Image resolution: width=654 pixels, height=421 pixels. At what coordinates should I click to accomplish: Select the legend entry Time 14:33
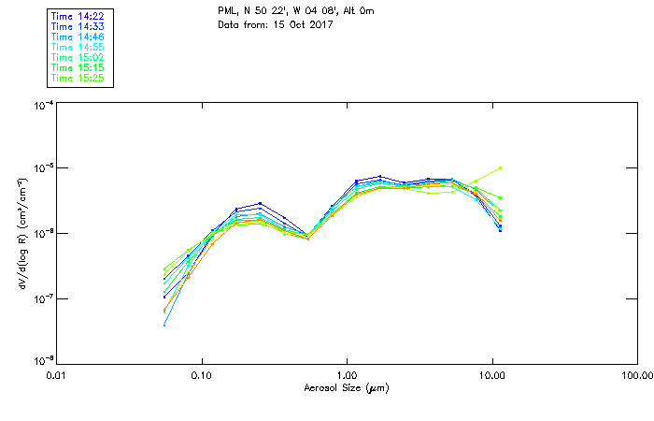78,27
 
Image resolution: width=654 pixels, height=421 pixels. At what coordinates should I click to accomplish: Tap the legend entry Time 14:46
78,37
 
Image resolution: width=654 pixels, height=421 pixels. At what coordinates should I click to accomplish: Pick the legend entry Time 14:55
78,48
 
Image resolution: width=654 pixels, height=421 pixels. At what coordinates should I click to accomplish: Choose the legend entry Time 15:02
78,58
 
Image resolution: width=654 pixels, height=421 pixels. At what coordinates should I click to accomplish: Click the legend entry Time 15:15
78,68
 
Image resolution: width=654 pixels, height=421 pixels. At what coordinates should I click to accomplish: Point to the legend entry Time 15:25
78,79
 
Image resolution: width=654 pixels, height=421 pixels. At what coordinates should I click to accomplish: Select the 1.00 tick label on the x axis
347,375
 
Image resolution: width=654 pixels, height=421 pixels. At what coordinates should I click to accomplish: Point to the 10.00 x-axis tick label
491,375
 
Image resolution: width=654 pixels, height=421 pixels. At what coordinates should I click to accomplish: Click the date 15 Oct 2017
306,24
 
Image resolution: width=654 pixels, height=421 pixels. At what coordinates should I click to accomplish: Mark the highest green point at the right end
501,168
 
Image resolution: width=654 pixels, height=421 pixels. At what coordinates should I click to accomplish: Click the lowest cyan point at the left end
164,325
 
